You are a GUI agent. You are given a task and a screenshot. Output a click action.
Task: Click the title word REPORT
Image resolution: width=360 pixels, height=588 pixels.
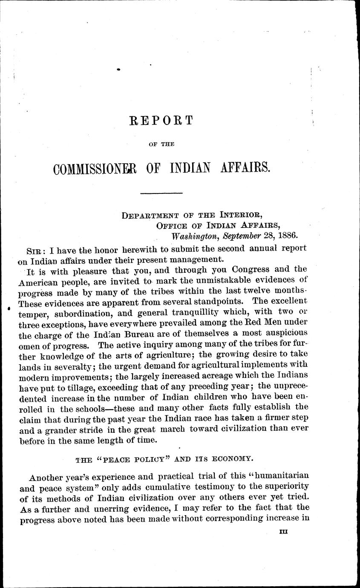(x=161, y=121)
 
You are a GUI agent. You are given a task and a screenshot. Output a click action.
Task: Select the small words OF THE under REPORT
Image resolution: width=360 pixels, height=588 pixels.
(x=161, y=144)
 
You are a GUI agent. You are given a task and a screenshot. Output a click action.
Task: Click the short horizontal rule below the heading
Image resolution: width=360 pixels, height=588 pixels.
(x=155, y=194)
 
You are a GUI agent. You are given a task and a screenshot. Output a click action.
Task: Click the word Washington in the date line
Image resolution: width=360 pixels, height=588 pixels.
(x=190, y=234)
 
